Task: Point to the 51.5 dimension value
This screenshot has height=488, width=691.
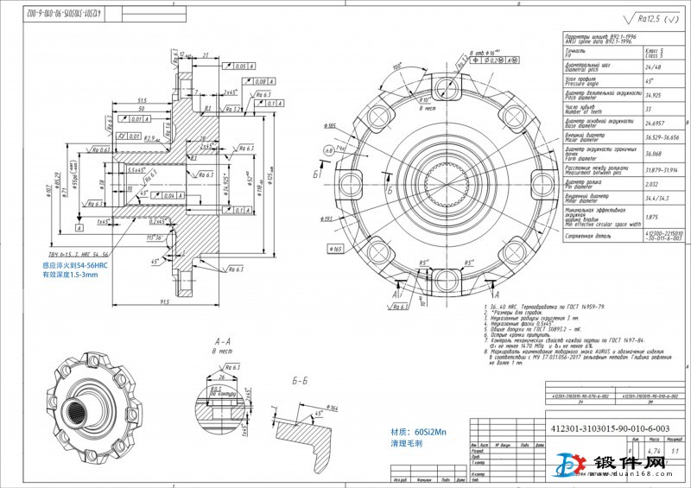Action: click(x=142, y=100)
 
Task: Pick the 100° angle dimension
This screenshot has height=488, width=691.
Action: click(x=397, y=66)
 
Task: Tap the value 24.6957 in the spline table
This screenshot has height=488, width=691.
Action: click(x=656, y=124)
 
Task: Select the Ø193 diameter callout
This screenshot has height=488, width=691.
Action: click(x=351, y=219)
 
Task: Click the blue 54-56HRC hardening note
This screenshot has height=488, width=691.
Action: click(x=81, y=266)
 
